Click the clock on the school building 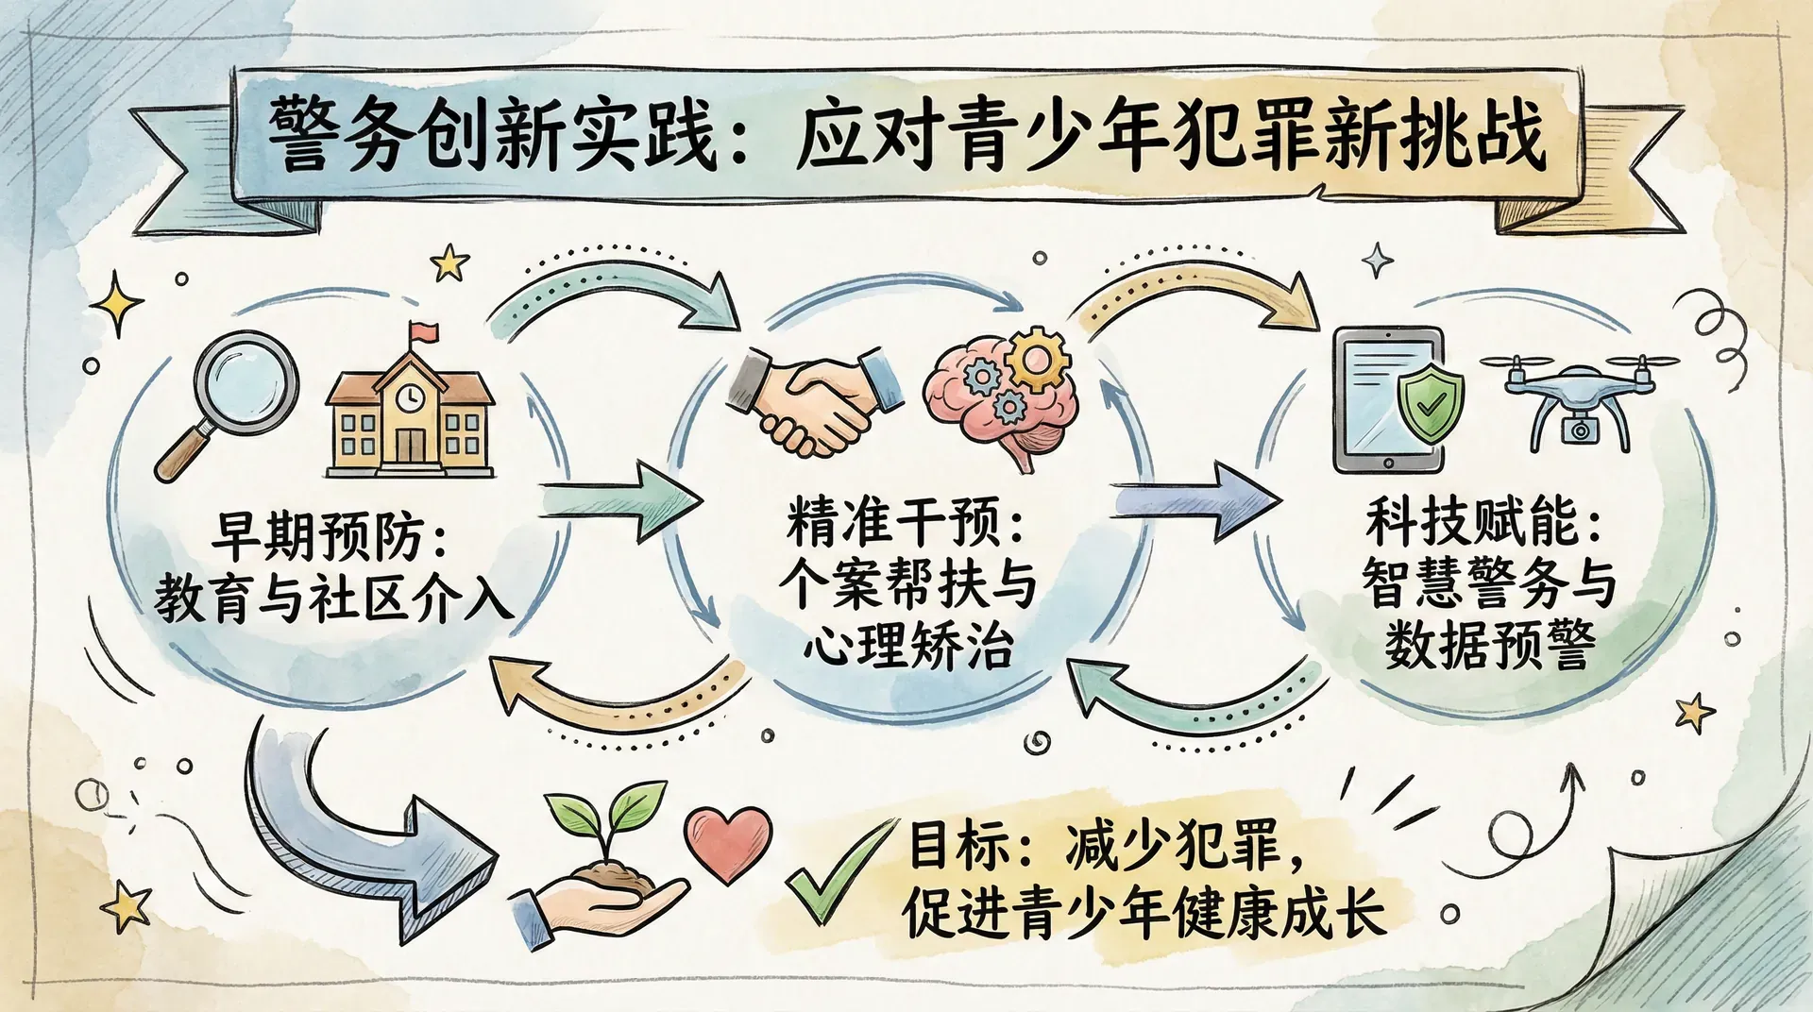pyautogui.click(x=410, y=398)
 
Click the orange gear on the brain pyautogui.click(x=1035, y=358)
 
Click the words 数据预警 pyautogui.click(x=1490, y=645)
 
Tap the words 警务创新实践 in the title pyautogui.click(x=491, y=135)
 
